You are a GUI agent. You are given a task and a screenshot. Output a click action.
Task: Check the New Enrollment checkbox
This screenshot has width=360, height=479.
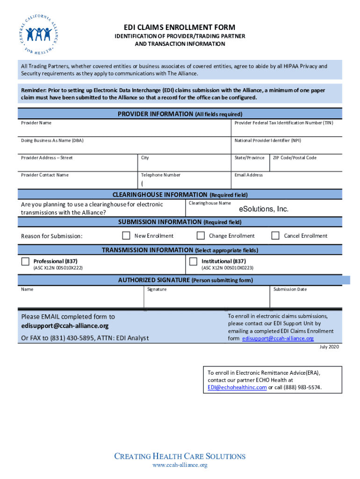click(x=126, y=235)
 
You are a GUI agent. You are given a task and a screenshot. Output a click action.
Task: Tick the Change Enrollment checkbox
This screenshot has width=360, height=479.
click(x=201, y=235)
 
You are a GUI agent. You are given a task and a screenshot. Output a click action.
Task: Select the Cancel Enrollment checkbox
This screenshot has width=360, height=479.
click(x=275, y=235)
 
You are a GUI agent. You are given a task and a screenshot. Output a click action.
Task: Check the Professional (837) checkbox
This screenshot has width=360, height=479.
click(x=25, y=261)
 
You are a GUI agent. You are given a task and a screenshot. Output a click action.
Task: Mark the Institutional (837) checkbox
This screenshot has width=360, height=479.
click(x=193, y=261)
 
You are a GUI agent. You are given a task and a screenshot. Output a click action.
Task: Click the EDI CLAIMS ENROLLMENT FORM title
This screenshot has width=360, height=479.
click(x=180, y=27)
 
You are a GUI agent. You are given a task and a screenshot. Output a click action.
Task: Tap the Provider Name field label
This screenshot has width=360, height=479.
click(x=36, y=123)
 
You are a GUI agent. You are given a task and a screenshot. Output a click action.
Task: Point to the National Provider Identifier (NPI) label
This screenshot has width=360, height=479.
click(x=268, y=140)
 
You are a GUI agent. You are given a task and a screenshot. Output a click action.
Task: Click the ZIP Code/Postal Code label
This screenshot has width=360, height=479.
click(x=295, y=158)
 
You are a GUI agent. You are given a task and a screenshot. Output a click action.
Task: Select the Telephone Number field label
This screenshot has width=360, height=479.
click(x=161, y=175)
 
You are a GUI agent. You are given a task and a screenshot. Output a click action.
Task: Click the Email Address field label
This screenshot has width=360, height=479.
click(x=248, y=175)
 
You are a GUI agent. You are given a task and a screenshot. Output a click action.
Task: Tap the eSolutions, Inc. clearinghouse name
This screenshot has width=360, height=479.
click(x=264, y=209)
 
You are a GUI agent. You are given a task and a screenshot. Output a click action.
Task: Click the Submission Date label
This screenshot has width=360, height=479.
click(x=290, y=290)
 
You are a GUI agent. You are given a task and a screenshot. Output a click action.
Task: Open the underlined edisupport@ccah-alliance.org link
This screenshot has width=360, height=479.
click(x=278, y=339)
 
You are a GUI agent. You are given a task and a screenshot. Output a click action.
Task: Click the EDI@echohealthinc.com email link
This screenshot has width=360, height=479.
click(x=237, y=388)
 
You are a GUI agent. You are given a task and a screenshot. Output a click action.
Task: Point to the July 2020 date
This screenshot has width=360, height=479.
click(x=329, y=347)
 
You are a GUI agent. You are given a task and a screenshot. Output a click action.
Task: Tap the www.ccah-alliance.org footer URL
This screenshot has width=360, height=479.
click(x=180, y=465)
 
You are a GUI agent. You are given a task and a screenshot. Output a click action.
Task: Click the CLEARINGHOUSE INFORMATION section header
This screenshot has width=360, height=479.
click(x=160, y=195)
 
